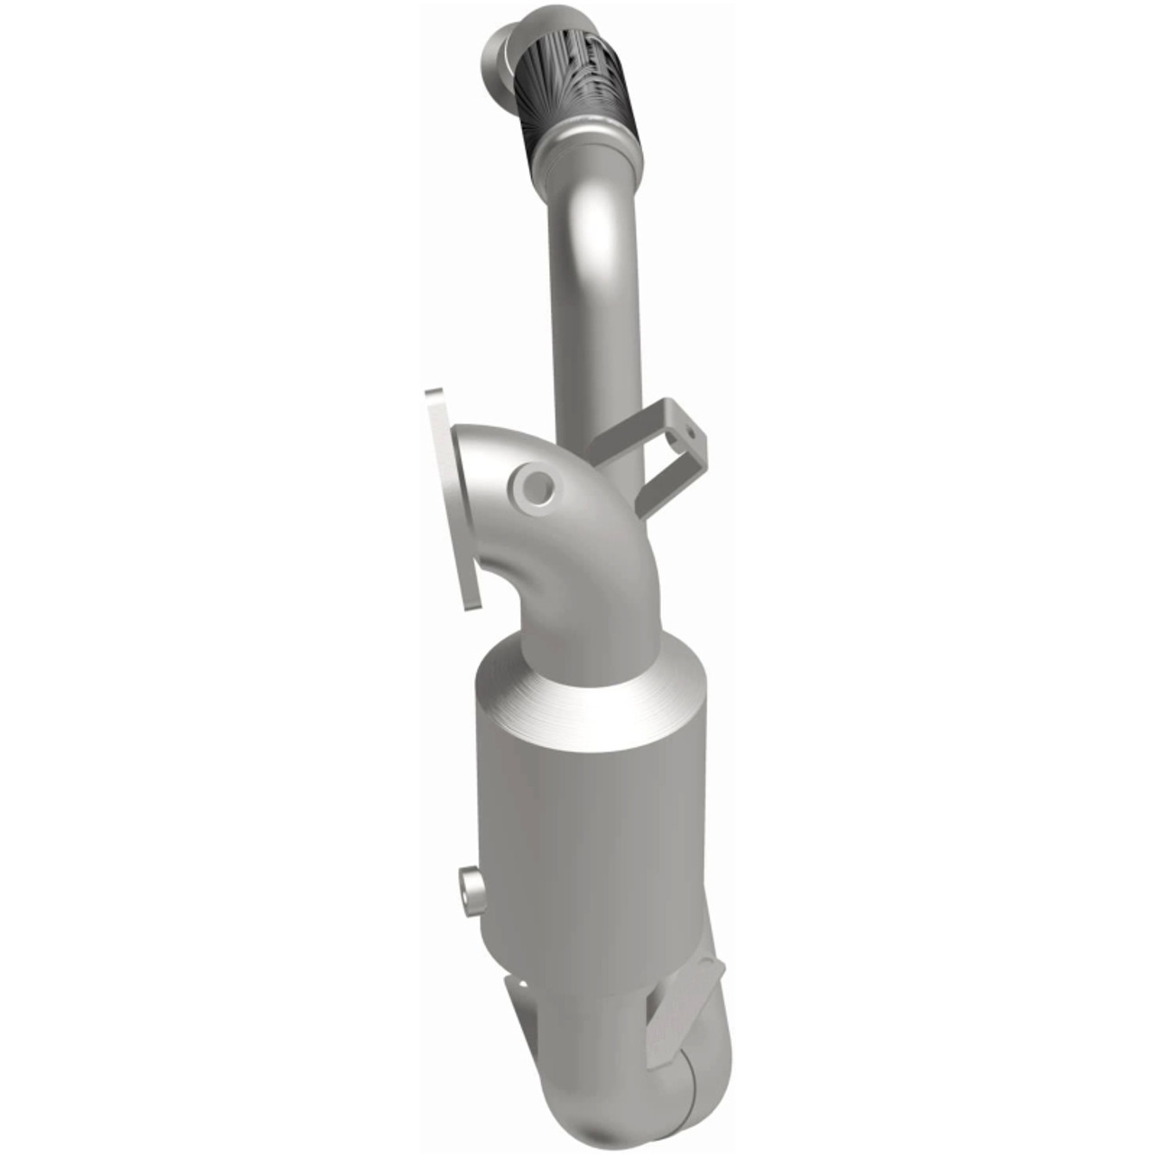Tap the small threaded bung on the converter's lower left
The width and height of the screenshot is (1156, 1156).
coord(470,887)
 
